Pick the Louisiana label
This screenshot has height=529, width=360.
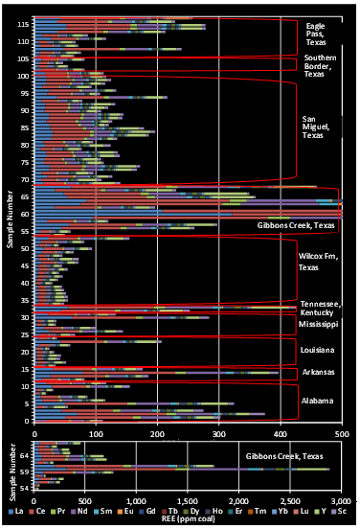click(x=317, y=351)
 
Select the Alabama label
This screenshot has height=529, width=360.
click(x=317, y=399)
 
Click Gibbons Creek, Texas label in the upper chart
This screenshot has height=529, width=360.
click(x=296, y=225)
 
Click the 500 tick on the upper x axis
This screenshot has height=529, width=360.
click(x=340, y=431)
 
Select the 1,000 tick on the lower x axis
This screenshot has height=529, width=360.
click(x=137, y=500)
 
